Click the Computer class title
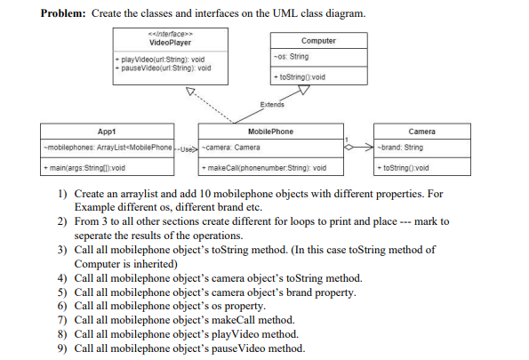pos(318,41)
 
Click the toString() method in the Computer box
pos(301,77)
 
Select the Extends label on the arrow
pos(273,105)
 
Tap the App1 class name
pos(107,132)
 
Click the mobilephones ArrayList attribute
pos(107,147)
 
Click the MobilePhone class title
pos(270,132)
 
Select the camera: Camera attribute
pos(232,147)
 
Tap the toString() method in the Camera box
pos(405,167)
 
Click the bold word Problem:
pos(67,15)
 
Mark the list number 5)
pos(63,292)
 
